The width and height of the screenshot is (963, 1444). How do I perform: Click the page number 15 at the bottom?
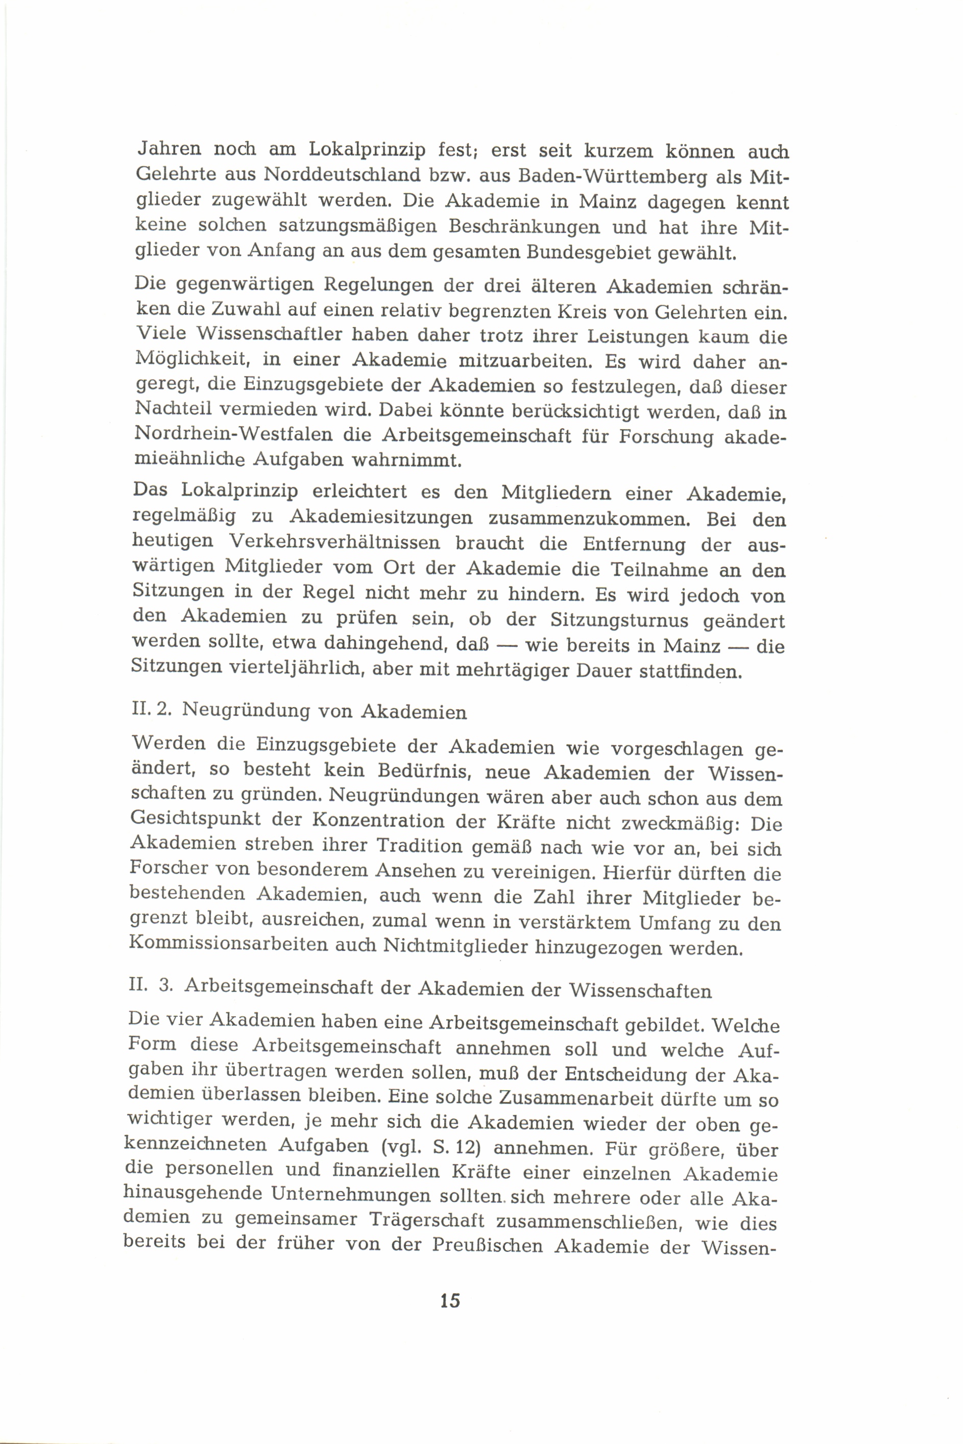[449, 1300]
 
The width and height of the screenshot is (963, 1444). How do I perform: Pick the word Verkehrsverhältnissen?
[334, 544]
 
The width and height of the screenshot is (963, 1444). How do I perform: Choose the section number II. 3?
[149, 990]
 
